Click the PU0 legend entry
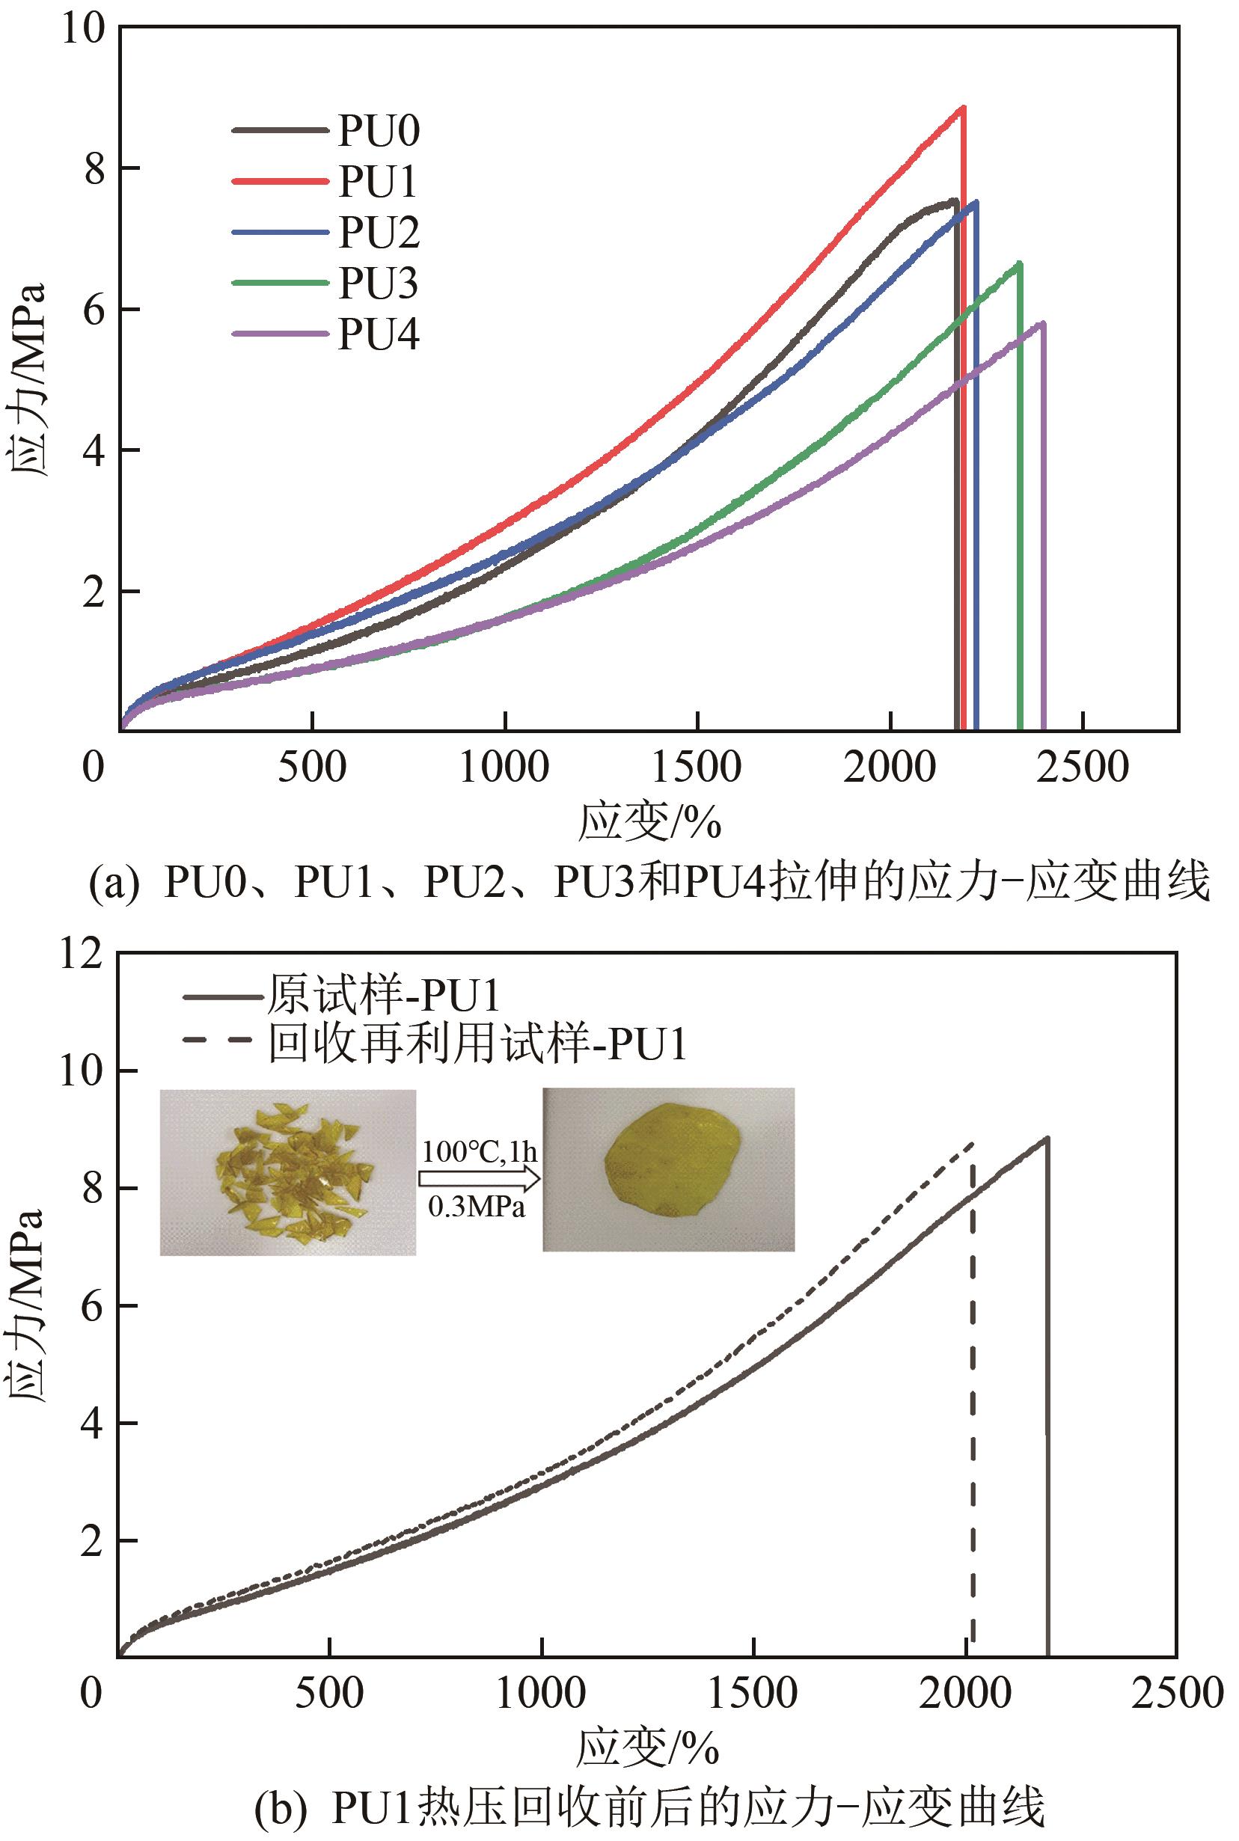[378, 130]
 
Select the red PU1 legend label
[377, 182]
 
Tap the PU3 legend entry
[378, 284]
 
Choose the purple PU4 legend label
[378, 335]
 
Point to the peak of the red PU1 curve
[962, 108]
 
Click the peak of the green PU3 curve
[1019, 263]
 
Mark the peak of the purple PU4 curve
[1043, 322]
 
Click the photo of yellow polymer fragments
[287, 1171]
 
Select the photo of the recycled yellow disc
[668, 1170]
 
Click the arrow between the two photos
[479, 1179]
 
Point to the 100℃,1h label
[479, 1151]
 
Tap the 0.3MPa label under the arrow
[477, 1207]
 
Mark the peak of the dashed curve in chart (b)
[972, 1143]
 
